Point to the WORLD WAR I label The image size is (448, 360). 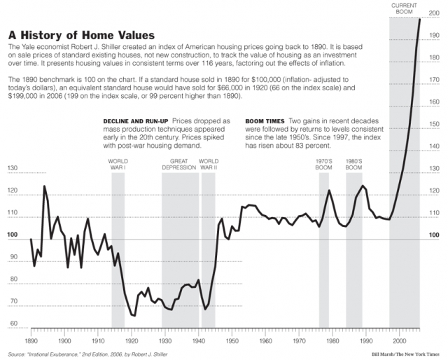(x=118, y=165)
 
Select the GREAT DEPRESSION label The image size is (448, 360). (x=179, y=165)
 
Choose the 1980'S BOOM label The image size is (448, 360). (x=353, y=165)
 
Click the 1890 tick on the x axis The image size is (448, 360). (x=31, y=341)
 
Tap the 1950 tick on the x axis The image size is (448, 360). (x=232, y=341)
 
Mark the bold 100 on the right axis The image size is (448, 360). (x=434, y=235)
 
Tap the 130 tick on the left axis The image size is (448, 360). (x=12, y=169)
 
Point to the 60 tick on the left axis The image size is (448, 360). (x=12, y=324)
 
